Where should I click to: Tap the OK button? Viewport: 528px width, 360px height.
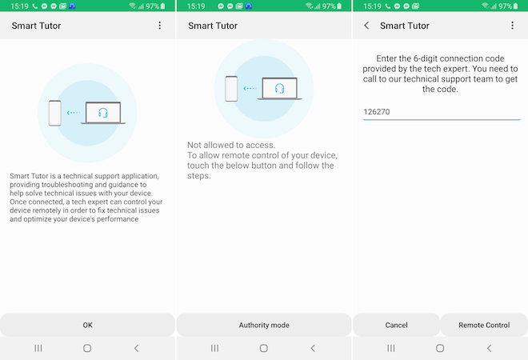tap(87, 325)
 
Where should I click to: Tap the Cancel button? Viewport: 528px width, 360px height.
tap(396, 325)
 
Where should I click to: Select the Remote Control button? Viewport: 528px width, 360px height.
tap(484, 325)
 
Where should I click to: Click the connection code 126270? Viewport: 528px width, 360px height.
tap(377, 112)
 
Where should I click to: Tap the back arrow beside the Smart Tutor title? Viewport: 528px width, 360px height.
tap(366, 26)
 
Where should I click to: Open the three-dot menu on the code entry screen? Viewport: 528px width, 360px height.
tap(512, 26)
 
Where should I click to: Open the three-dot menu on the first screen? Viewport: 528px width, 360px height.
tap(160, 26)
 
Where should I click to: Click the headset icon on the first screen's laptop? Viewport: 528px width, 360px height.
tap(103, 113)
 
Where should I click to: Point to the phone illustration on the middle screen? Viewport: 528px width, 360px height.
tap(231, 89)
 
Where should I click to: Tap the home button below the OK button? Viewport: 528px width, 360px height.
tap(87, 348)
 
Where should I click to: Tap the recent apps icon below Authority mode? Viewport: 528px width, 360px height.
tap(214, 348)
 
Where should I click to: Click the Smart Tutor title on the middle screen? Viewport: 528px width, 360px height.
tap(213, 26)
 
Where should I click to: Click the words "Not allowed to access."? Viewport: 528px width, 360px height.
tap(231, 145)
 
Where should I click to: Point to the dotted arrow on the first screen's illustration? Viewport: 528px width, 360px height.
tap(74, 113)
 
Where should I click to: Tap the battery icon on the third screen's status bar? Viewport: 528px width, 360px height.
tap(515, 6)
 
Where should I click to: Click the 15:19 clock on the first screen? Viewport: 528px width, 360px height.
tap(19, 6)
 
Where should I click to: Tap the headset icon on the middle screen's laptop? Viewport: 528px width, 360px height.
tap(279, 89)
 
